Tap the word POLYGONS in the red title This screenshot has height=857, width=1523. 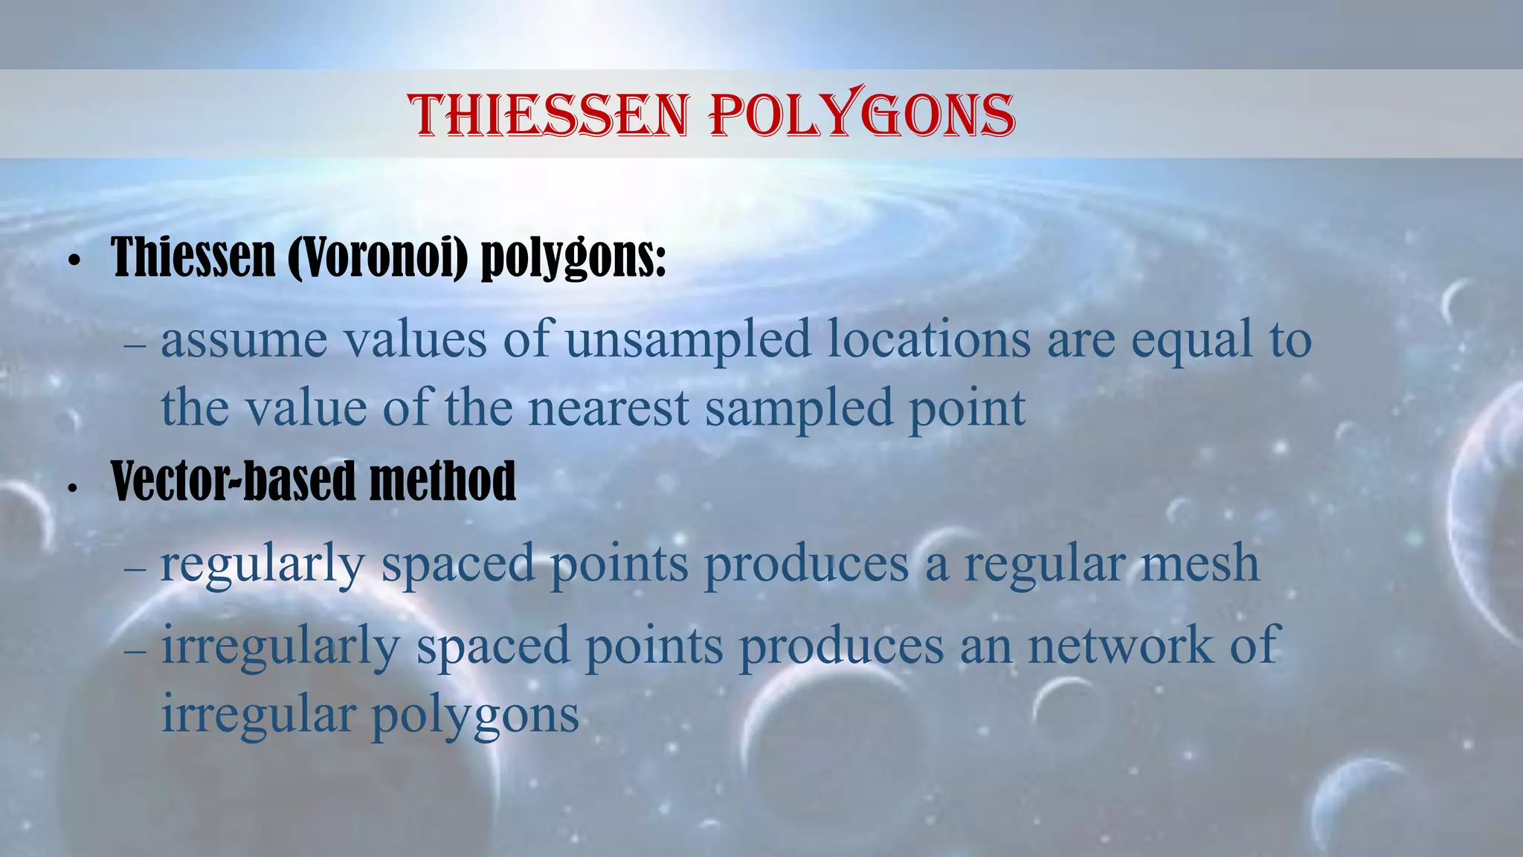pyautogui.click(x=862, y=115)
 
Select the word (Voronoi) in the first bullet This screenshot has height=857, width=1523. pyautogui.click(x=379, y=257)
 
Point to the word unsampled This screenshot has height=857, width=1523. pyautogui.click(x=688, y=340)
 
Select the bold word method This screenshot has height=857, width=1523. pyautogui.click(x=442, y=481)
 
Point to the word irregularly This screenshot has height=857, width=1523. pyautogui.click(x=281, y=646)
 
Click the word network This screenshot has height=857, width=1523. pyautogui.click(x=1120, y=645)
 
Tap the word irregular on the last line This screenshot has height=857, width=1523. pyautogui.click(x=258, y=714)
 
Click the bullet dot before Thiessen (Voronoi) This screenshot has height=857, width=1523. pyautogui.click(x=73, y=262)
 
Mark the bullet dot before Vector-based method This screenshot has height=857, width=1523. pyautogui.click(x=72, y=489)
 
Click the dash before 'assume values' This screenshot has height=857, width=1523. pyautogui.click(x=136, y=346)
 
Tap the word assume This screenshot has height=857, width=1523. pyautogui.click(x=244, y=340)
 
